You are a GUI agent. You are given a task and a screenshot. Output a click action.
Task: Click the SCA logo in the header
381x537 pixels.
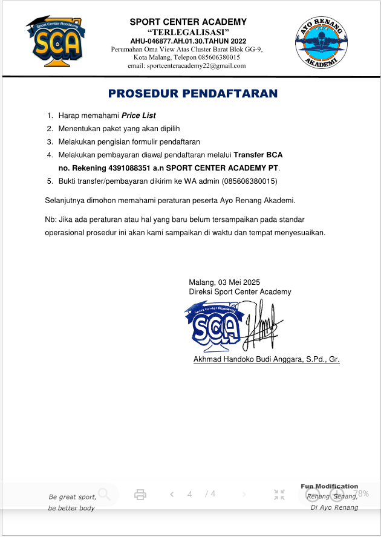[55, 41]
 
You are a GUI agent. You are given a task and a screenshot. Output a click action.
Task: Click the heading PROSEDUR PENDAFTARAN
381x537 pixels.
[192, 94]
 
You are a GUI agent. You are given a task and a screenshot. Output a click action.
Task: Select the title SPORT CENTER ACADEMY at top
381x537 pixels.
[188, 22]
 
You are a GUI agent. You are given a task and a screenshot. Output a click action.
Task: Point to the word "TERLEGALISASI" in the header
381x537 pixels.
[187, 31]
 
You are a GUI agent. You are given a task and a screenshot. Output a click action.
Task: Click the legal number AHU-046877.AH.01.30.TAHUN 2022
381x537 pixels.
[188, 40]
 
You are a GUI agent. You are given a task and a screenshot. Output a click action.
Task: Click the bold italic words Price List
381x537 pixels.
[138, 115]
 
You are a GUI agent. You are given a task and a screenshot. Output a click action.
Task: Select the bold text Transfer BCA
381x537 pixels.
[258, 155]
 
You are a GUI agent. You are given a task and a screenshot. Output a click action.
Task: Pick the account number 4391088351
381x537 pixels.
[131, 168]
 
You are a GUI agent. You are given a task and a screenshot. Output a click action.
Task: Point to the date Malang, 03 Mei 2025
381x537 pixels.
[224, 282]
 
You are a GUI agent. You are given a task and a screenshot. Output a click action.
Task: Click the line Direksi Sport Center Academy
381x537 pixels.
[239, 291]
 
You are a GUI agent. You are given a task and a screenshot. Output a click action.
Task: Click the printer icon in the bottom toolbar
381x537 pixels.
[140, 495]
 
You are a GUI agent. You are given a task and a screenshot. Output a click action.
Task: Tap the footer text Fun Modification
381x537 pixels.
[330, 486]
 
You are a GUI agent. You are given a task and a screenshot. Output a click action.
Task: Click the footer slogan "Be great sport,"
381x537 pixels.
[72, 496]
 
